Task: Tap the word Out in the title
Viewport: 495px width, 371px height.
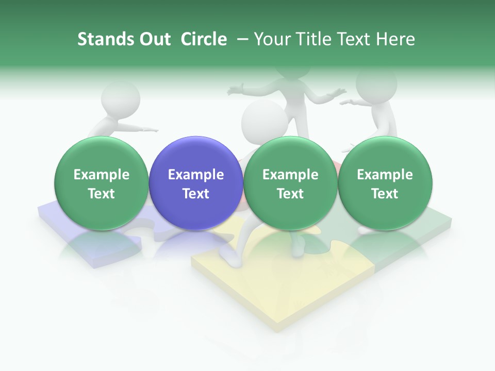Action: coord(154,39)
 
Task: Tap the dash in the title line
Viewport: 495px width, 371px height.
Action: coord(241,39)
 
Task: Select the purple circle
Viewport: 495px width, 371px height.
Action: coord(196,183)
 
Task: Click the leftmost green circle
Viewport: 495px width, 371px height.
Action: coord(102,183)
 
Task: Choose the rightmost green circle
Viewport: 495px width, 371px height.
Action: coord(385,183)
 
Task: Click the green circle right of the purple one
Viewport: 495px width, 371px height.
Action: coord(290,183)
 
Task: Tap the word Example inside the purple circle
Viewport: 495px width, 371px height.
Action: coord(196,175)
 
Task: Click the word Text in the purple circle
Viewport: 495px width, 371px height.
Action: coord(196,194)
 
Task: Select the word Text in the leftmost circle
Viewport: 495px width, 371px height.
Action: coord(102,194)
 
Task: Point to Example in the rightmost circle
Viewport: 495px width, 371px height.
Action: coord(385,175)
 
